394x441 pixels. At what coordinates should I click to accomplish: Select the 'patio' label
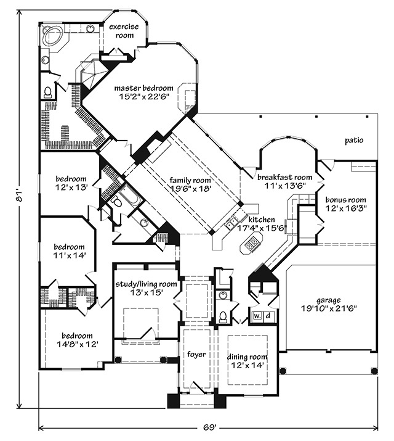353,141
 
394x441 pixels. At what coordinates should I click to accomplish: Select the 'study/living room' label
147,284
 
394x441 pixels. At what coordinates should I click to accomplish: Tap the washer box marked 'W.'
257,316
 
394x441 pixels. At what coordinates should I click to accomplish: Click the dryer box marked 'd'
268,316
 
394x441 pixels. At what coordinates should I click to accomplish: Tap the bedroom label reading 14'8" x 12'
68,338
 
